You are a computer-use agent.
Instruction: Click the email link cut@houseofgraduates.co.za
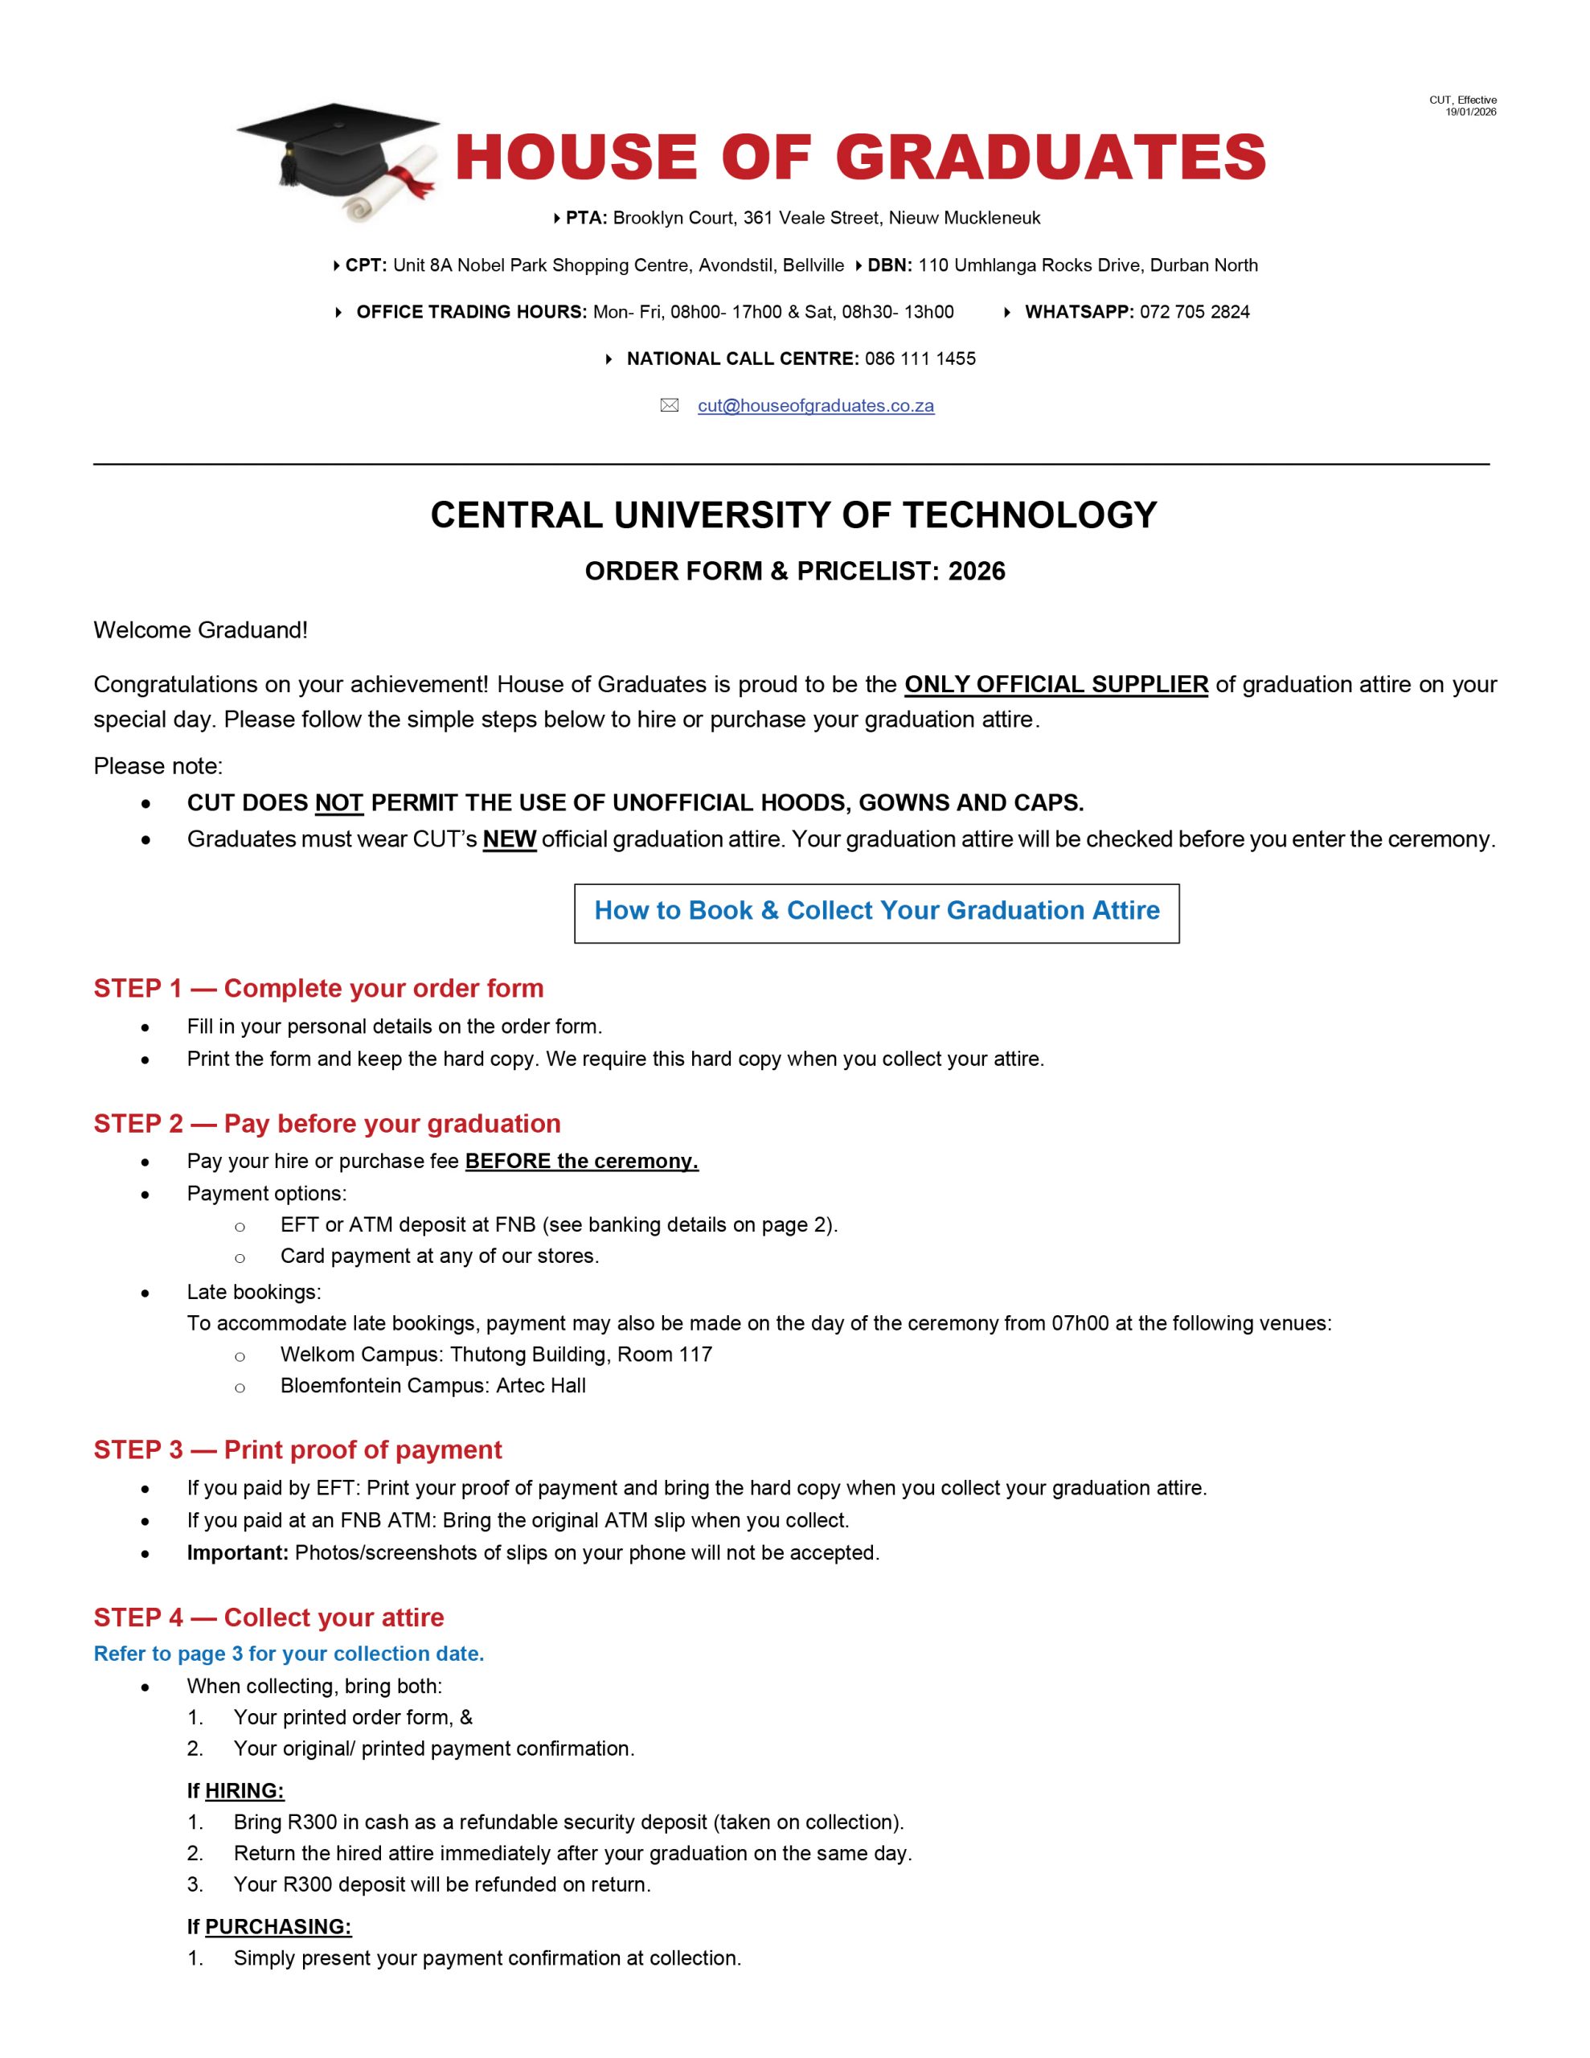point(815,406)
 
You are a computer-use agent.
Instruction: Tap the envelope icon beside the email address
point(669,406)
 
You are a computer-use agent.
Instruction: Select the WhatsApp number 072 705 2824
point(1195,312)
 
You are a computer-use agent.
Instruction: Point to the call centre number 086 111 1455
point(920,359)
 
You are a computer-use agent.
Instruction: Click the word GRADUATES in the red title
point(1050,158)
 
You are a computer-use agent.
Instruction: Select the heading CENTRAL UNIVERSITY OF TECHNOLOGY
point(793,515)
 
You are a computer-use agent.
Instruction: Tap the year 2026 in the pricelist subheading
point(977,571)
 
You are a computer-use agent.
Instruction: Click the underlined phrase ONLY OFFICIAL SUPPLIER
point(1055,684)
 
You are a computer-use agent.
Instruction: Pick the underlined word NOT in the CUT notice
point(338,803)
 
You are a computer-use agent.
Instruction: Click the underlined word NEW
point(509,838)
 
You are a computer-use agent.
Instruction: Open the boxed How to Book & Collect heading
point(876,911)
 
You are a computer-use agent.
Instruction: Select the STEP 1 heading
point(318,989)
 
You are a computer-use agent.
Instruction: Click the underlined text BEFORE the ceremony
point(581,1161)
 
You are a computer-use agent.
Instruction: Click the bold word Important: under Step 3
point(237,1552)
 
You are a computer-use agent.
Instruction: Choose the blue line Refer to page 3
point(289,1654)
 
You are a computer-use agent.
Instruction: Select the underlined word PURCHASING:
point(278,1927)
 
